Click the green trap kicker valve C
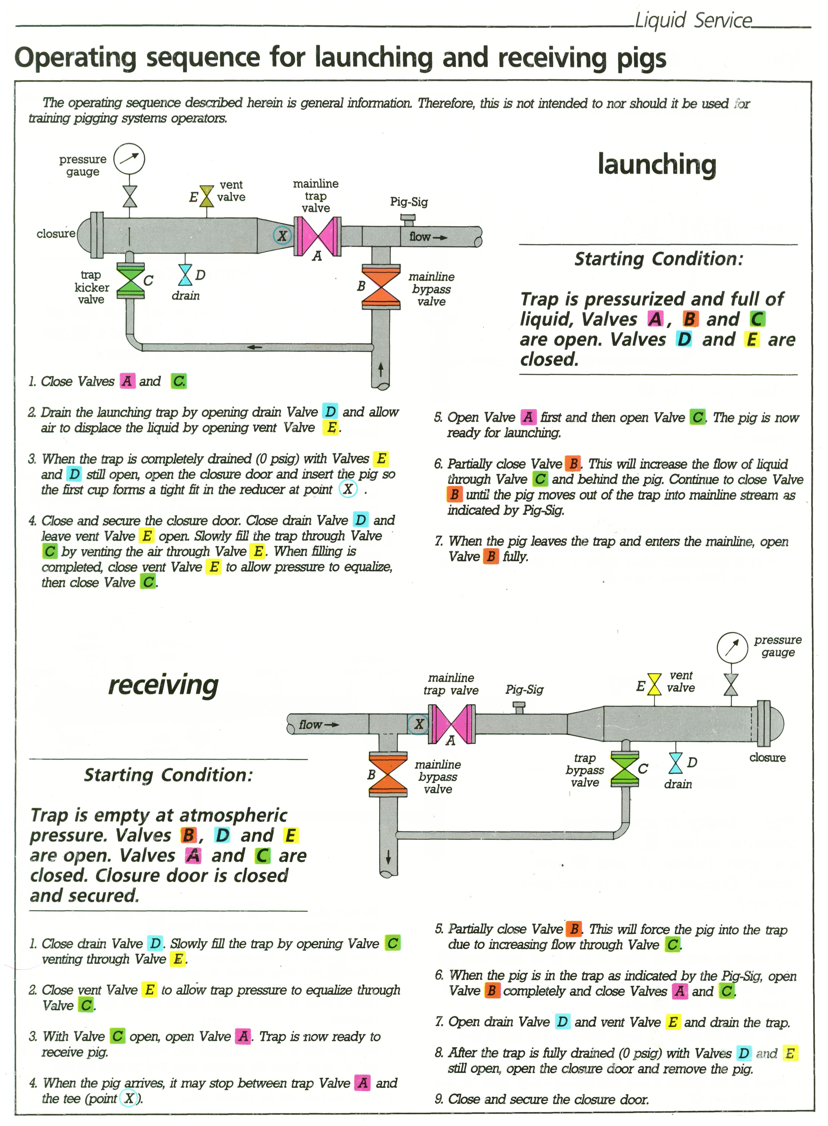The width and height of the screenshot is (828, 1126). (x=130, y=282)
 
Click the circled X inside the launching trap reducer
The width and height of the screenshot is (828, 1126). (x=282, y=235)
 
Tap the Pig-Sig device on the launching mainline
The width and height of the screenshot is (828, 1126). (x=407, y=219)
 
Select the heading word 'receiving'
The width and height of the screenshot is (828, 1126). (x=163, y=685)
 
